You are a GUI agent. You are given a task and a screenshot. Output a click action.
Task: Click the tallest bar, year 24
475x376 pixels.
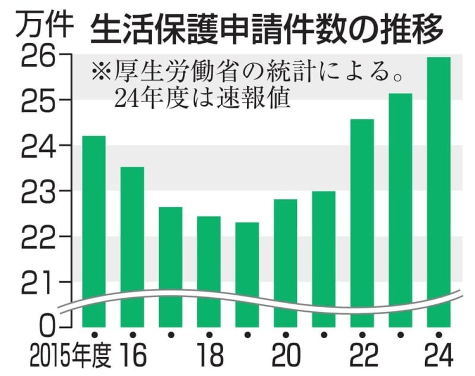pos(439,190)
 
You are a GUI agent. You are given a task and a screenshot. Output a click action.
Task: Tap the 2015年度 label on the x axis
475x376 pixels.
pos(68,356)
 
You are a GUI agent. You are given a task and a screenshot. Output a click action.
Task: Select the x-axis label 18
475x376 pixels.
pos(209,356)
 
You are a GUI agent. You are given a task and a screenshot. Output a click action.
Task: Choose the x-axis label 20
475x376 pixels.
pos(286,356)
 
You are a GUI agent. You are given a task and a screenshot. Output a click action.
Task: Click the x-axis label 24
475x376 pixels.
pos(439,356)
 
